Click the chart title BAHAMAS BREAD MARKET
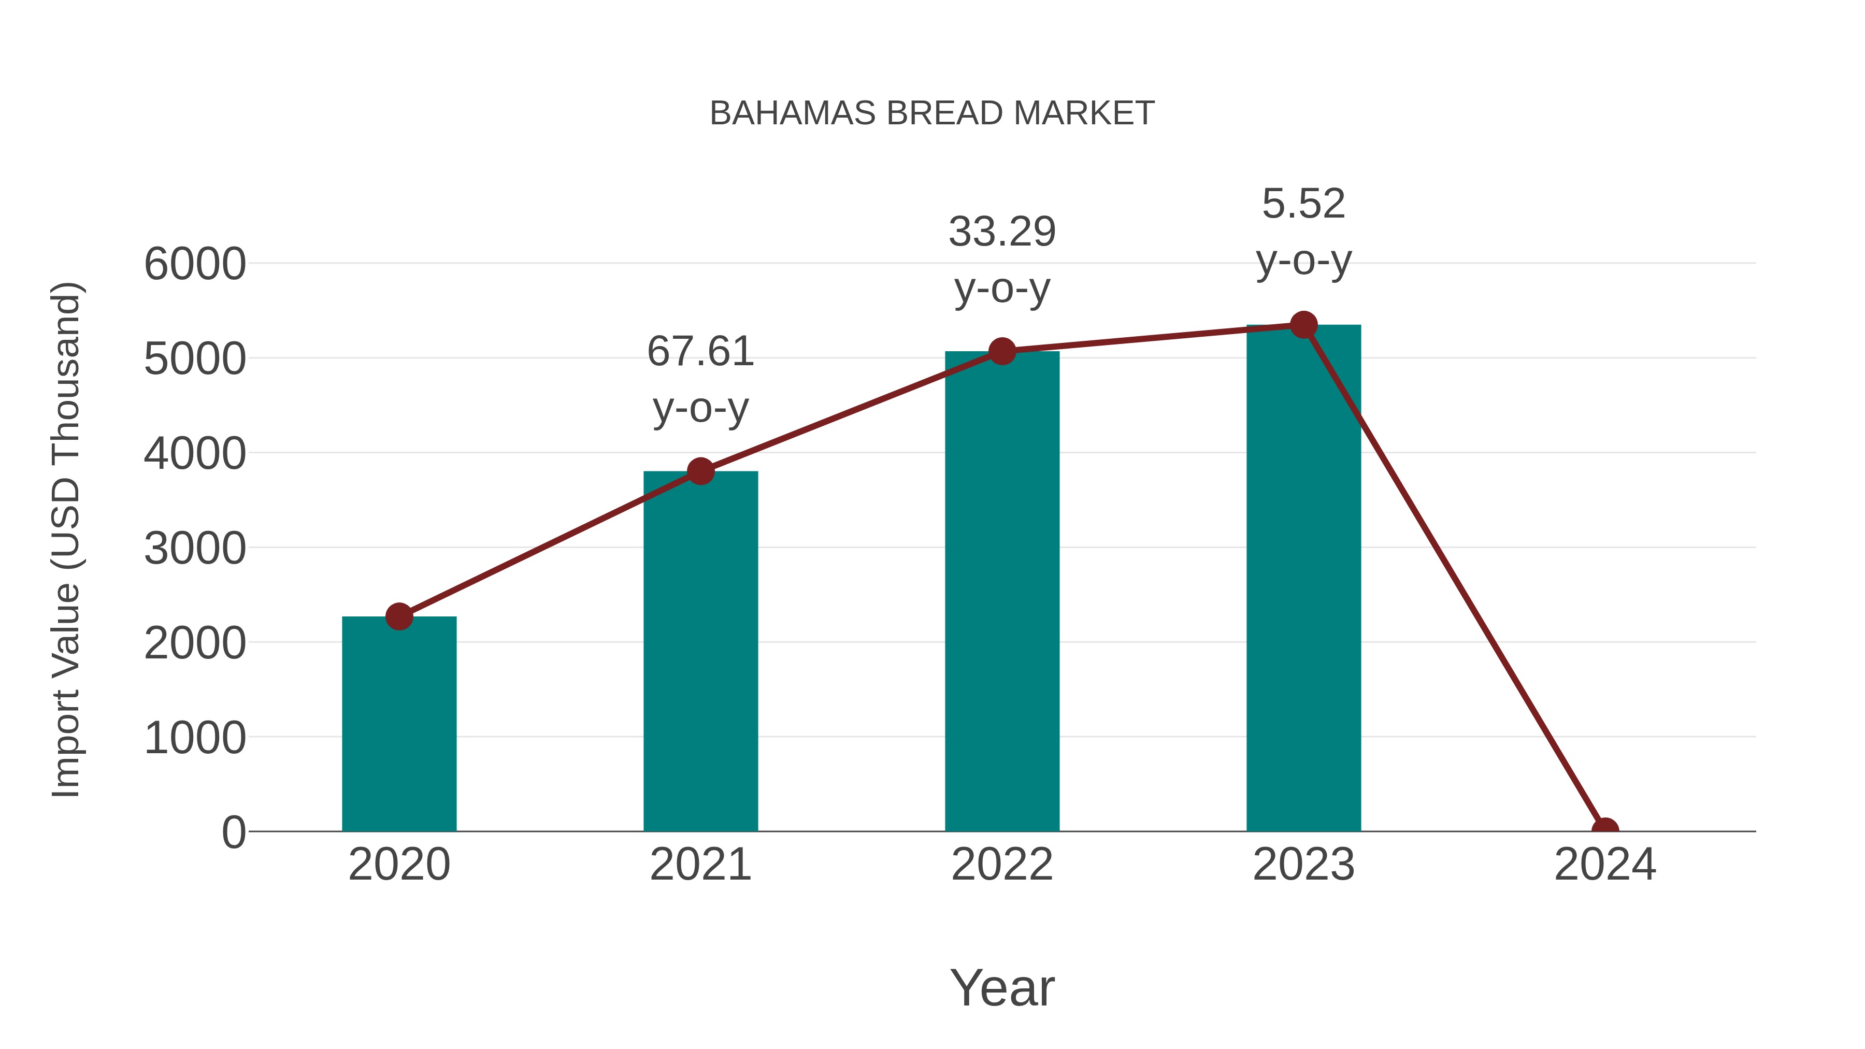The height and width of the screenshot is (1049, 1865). click(932, 113)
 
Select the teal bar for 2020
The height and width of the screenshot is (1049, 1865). click(399, 724)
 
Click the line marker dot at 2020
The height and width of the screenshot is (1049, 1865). click(399, 617)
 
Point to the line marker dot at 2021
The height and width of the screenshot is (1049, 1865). click(700, 471)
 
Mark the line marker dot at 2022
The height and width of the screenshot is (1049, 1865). click(1002, 351)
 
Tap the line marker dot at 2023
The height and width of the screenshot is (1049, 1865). click(1303, 325)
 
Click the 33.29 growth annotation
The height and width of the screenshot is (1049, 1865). click(1002, 260)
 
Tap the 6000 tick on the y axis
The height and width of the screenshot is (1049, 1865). click(195, 264)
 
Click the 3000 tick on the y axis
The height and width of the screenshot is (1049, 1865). click(195, 549)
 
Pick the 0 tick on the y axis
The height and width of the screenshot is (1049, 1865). click(234, 832)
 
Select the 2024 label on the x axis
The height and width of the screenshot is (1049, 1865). click(1605, 865)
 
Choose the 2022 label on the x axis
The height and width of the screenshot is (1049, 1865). click(1002, 865)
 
